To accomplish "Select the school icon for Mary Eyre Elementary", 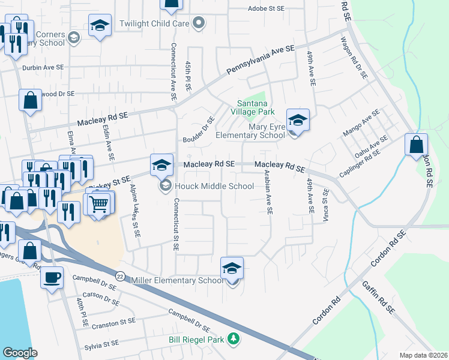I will pos(297,120).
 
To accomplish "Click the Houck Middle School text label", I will pos(214,186).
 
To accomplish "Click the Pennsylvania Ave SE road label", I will pos(261,60).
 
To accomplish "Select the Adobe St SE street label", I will pos(267,9).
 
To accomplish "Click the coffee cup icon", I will pos(51,278).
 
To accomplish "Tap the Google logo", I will pos(20,352).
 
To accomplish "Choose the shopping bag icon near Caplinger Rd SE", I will pos(416,145).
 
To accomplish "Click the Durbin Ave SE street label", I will pos(44,68).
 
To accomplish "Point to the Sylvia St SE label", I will pos(102,344).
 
